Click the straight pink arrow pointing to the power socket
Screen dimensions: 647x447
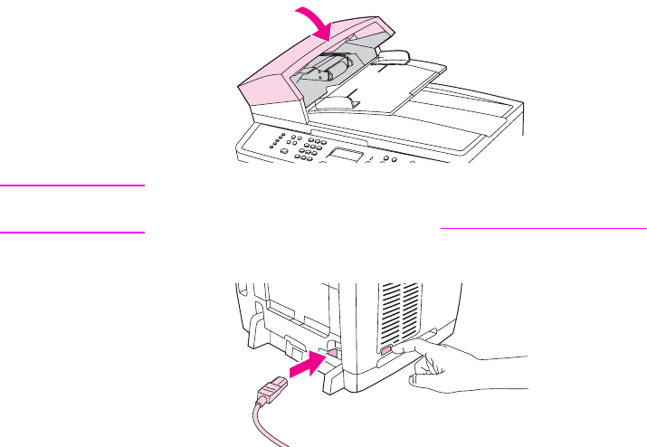[300, 365]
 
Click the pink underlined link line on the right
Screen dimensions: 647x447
[543, 230]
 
